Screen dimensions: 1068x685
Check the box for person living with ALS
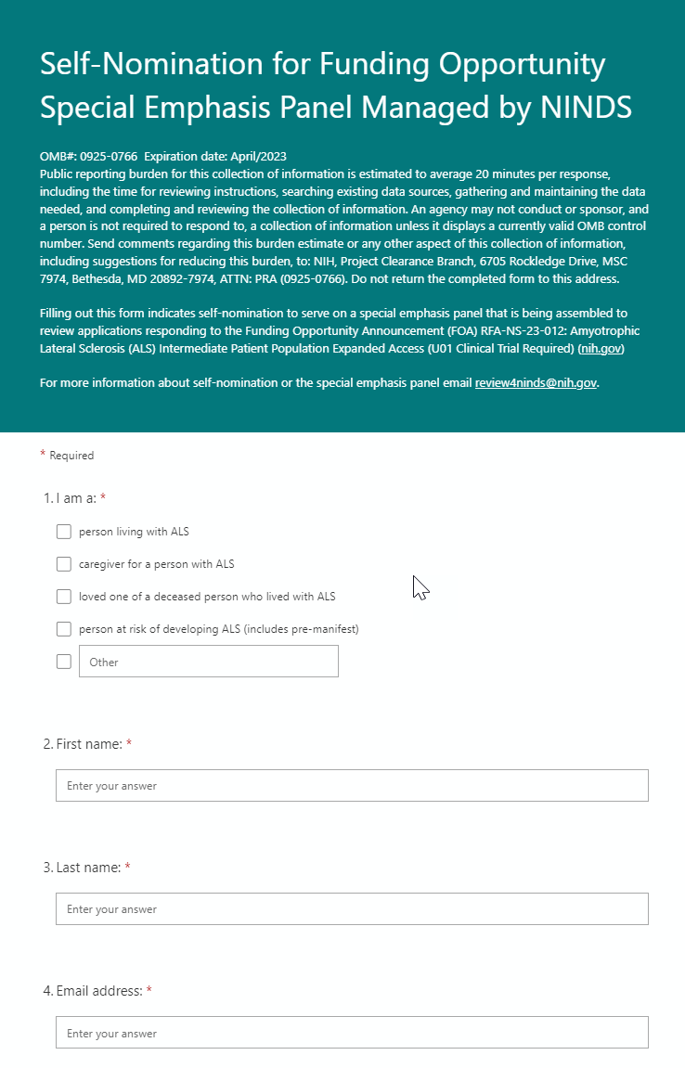coord(64,532)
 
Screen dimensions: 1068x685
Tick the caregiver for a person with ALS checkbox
coord(64,564)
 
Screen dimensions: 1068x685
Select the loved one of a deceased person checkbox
coord(64,597)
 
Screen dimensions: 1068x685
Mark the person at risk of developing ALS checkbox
coord(64,629)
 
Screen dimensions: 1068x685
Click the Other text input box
coord(208,662)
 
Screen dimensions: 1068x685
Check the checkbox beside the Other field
coord(64,662)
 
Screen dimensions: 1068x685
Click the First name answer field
coord(352,785)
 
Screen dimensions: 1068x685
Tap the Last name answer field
coord(352,908)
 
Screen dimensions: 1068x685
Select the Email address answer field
coord(352,1033)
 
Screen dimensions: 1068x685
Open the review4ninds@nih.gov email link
coord(536,383)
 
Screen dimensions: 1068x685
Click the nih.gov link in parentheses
coord(601,349)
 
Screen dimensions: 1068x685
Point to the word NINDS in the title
coord(586,108)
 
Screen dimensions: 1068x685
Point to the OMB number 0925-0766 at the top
coord(109,156)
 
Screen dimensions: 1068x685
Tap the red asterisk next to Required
coord(43,454)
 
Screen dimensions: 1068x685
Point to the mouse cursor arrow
coord(420,586)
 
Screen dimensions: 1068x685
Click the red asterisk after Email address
coord(149,990)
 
